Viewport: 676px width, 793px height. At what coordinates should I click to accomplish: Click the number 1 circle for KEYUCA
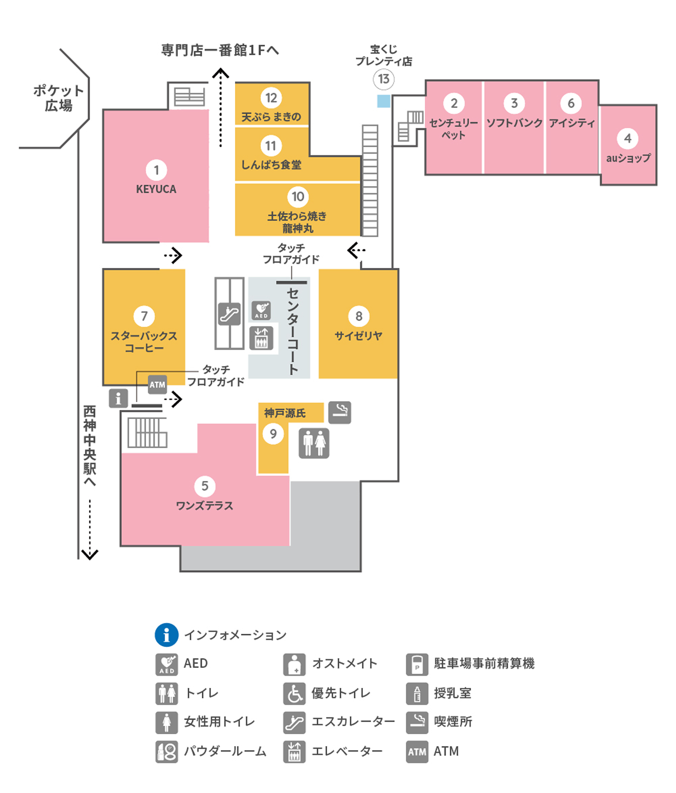(x=156, y=170)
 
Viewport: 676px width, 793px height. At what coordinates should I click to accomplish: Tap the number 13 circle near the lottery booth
(x=383, y=79)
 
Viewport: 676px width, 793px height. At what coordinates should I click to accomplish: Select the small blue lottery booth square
(x=383, y=101)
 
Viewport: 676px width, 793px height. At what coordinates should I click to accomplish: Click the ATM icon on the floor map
(x=157, y=385)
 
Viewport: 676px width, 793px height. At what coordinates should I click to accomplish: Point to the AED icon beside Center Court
(x=261, y=310)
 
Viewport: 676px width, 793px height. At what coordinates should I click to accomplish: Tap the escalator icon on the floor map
(x=230, y=314)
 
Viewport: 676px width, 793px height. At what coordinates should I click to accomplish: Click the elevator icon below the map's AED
(x=261, y=338)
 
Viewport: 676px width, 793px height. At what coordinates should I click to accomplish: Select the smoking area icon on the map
(x=340, y=412)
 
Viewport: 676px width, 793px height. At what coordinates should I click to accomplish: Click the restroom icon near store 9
(x=314, y=443)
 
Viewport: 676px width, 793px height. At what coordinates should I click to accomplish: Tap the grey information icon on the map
(x=118, y=398)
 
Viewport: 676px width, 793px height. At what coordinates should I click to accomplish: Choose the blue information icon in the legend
(x=166, y=635)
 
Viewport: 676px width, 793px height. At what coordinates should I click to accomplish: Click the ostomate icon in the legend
(x=294, y=664)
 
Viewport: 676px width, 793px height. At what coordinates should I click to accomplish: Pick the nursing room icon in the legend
(x=417, y=694)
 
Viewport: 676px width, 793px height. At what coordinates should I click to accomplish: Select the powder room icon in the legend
(x=166, y=751)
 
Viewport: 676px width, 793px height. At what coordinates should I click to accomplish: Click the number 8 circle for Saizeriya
(x=359, y=316)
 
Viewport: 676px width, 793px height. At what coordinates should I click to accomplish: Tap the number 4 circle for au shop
(x=627, y=139)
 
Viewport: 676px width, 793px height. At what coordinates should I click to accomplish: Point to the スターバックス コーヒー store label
(x=144, y=342)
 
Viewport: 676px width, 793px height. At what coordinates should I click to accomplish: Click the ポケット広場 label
(x=58, y=98)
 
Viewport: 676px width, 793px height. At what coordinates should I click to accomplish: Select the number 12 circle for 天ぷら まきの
(x=271, y=98)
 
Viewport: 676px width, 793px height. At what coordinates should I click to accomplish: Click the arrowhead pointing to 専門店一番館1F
(x=220, y=73)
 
